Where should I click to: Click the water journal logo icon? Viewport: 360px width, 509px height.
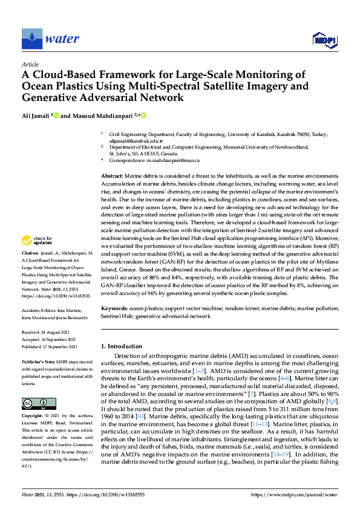pyautogui.click(x=32, y=39)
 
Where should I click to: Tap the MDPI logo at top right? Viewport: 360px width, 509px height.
pyautogui.click(x=324, y=39)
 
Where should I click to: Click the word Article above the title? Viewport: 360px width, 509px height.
pyautogui.click(x=30, y=63)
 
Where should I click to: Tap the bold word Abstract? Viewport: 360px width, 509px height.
pyautogui.click(x=112, y=174)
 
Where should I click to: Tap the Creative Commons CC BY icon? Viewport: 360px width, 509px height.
pyautogui.click(x=34, y=403)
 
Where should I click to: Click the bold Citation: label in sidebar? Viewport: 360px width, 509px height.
pyautogui.click(x=30, y=268)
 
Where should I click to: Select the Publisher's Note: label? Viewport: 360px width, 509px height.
pyautogui.click(x=38, y=361)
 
